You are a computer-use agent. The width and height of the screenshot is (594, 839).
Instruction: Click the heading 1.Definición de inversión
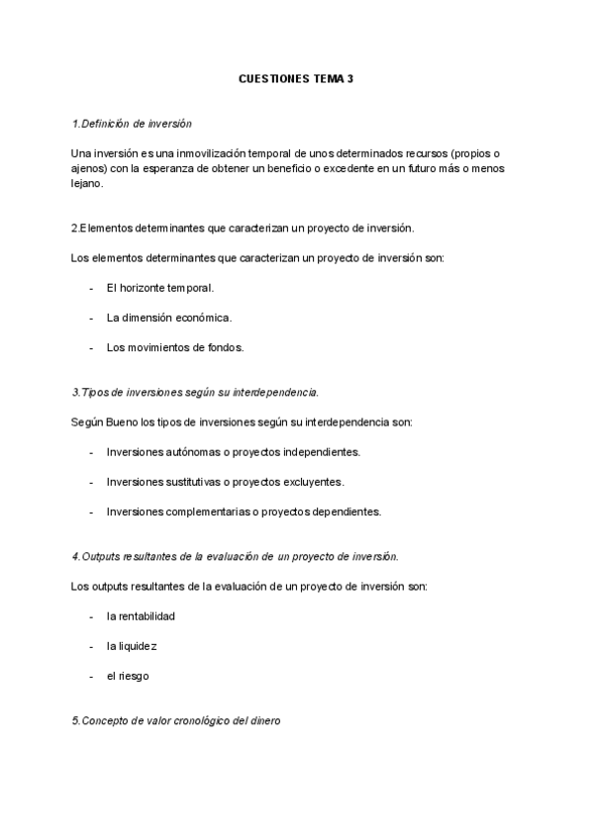(x=132, y=124)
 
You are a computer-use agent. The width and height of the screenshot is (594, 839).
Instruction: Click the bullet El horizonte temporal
(x=159, y=288)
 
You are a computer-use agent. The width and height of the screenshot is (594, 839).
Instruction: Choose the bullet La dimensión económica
(x=168, y=318)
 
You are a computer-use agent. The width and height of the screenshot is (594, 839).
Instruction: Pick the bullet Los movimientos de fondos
(x=174, y=347)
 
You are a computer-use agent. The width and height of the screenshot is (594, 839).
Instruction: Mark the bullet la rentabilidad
(x=141, y=616)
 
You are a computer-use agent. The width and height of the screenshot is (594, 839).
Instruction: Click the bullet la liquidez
(x=132, y=646)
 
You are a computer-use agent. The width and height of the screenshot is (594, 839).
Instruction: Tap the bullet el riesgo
(x=128, y=676)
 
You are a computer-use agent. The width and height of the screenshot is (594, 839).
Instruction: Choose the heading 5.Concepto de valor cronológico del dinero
(x=176, y=721)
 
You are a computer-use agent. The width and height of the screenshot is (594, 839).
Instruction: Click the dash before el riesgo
(x=91, y=676)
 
